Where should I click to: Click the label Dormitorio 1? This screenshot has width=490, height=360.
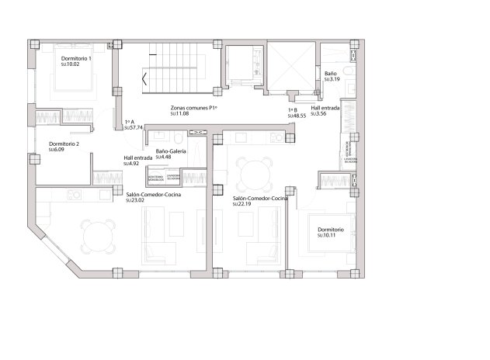(77, 59)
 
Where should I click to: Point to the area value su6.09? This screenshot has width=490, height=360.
(57, 150)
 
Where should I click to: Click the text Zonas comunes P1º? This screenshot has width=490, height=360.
(194, 109)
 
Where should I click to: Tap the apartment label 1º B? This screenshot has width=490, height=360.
(293, 110)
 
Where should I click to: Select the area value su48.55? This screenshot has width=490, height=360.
(297, 116)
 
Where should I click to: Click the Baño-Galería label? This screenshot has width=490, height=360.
(171, 151)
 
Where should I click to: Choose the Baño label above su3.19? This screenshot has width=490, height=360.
(329, 73)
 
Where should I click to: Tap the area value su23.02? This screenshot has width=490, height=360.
(135, 201)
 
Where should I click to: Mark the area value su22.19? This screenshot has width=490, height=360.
(243, 205)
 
